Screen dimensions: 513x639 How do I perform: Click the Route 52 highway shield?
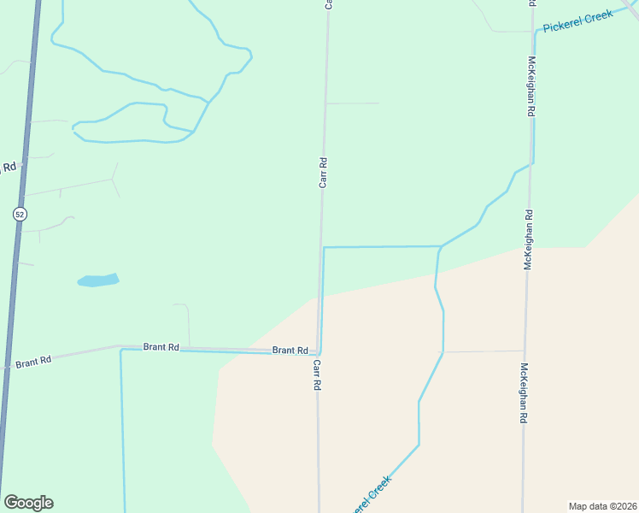click(19, 214)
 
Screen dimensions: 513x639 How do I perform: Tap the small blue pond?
click(97, 280)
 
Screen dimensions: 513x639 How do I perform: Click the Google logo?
click(28, 503)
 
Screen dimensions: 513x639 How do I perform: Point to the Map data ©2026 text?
click(602, 505)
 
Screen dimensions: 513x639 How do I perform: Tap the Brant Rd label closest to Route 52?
click(33, 362)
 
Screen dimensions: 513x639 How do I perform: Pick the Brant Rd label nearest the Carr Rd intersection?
click(290, 351)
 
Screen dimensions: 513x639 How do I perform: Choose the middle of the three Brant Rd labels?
click(161, 347)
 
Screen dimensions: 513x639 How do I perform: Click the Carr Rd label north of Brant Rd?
click(323, 172)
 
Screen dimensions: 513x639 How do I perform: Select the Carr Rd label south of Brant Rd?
click(316, 374)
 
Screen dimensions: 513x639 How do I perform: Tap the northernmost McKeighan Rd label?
click(531, 86)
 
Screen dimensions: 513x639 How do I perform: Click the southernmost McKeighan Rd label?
click(523, 394)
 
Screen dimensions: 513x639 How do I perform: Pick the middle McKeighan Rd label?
click(528, 240)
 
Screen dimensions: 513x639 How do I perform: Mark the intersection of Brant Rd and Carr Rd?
click(318, 351)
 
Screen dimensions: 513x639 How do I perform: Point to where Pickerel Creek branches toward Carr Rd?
click(439, 247)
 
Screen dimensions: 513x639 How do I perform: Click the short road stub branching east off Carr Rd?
click(352, 103)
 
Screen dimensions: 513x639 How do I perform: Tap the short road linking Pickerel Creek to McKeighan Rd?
click(483, 351)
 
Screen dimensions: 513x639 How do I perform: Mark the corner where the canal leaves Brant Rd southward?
click(120, 350)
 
